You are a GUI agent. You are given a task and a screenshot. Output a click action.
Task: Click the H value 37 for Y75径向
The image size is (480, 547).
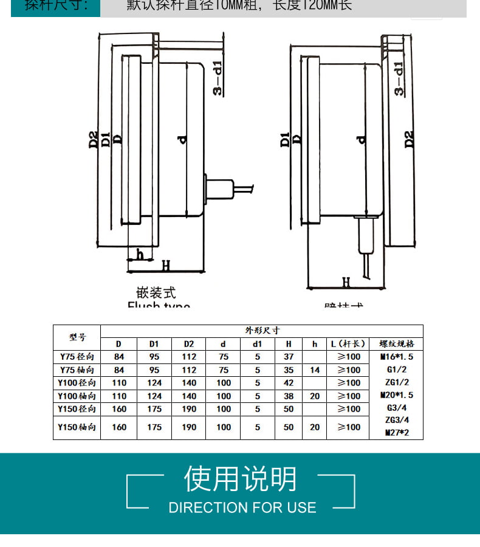(289, 357)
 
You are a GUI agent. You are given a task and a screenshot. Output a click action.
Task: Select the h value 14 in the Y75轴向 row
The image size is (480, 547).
(315, 370)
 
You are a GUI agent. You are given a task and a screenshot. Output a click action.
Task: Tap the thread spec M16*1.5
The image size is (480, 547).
(396, 357)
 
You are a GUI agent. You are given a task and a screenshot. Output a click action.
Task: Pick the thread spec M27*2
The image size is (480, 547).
(396, 433)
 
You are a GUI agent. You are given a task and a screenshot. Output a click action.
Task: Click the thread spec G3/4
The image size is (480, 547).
(396, 408)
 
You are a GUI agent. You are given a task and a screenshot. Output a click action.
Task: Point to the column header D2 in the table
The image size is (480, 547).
(189, 344)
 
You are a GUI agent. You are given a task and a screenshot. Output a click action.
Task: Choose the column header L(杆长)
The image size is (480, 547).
(348, 344)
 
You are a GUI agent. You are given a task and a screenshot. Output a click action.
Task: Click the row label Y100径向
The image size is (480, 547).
(77, 383)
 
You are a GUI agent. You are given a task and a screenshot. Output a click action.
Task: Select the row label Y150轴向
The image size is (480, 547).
(77, 427)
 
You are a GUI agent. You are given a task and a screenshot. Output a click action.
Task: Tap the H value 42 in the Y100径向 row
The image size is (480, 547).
(289, 383)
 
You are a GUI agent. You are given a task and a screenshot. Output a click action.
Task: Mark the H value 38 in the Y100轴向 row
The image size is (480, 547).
(289, 396)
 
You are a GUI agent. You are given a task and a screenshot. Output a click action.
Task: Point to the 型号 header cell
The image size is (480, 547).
(77, 337)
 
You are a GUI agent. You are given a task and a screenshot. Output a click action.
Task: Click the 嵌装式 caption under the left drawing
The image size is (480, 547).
(156, 294)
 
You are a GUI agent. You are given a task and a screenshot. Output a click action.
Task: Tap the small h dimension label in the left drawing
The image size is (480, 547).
(140, 255)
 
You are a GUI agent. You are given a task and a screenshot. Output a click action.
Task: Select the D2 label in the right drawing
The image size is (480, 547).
(410, 139)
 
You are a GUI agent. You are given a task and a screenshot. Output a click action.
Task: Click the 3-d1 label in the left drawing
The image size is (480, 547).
(218, 78)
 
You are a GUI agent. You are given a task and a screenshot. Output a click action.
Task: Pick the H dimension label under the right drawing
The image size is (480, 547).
(346, 282)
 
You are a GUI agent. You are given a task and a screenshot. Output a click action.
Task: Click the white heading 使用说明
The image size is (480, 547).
(241, 479)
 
